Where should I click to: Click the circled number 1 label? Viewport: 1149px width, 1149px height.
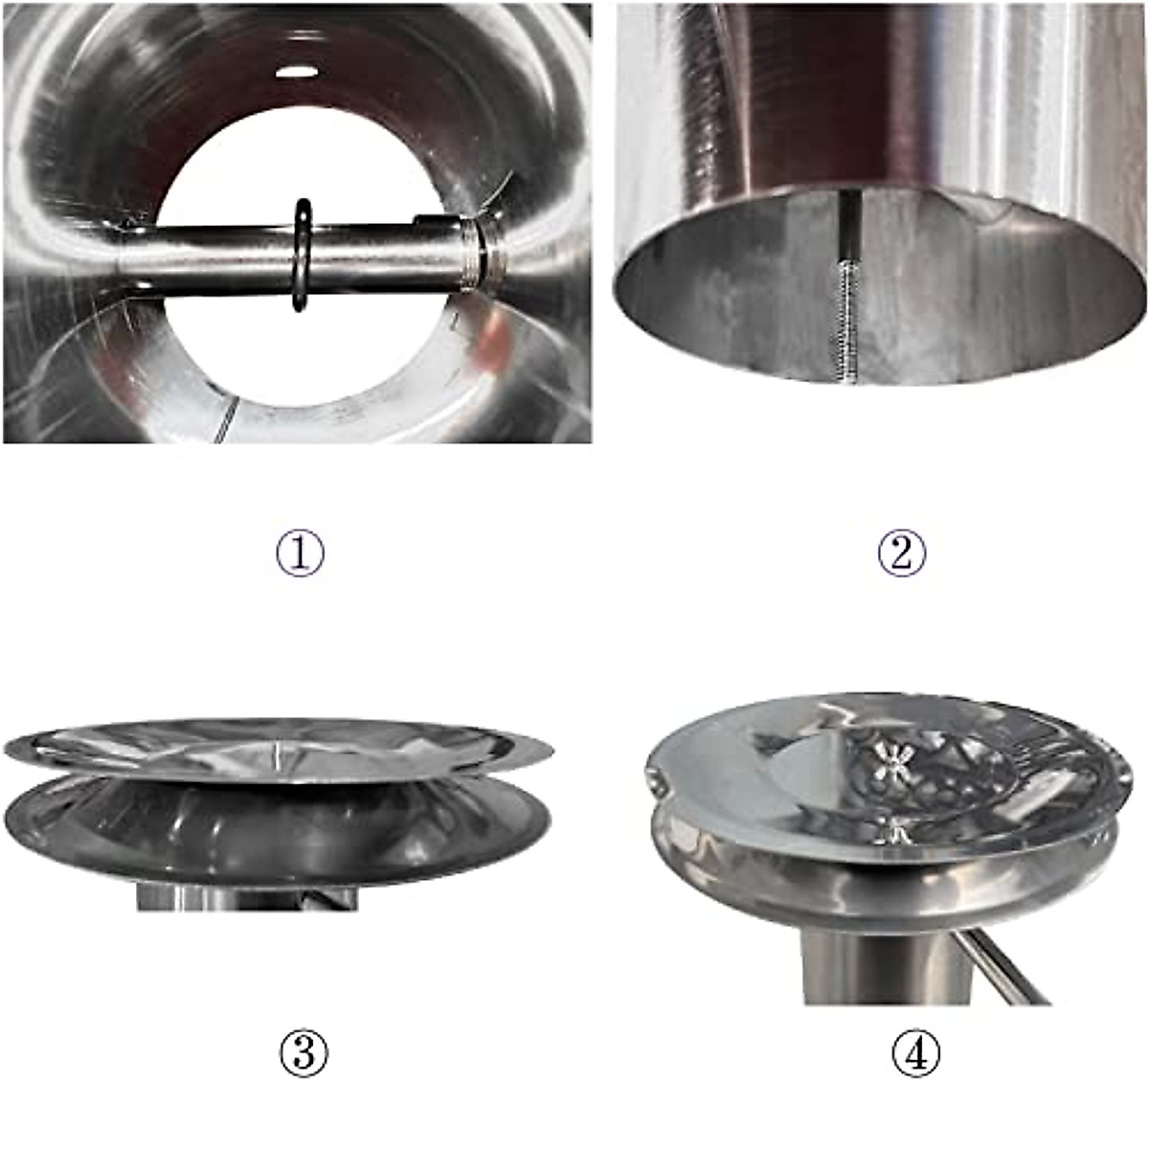pyautogui.click(x=301, y=553)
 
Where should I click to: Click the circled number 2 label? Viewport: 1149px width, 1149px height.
pyautogui.click(x=902, y=553)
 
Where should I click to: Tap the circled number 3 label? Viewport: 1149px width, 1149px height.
pyautogui.click(x=304, y=1054)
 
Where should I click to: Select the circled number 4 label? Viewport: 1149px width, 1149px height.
pyautogui.click(x=916, y=1054)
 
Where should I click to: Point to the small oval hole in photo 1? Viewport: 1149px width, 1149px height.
pyautogui.click(x=297, y=72)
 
